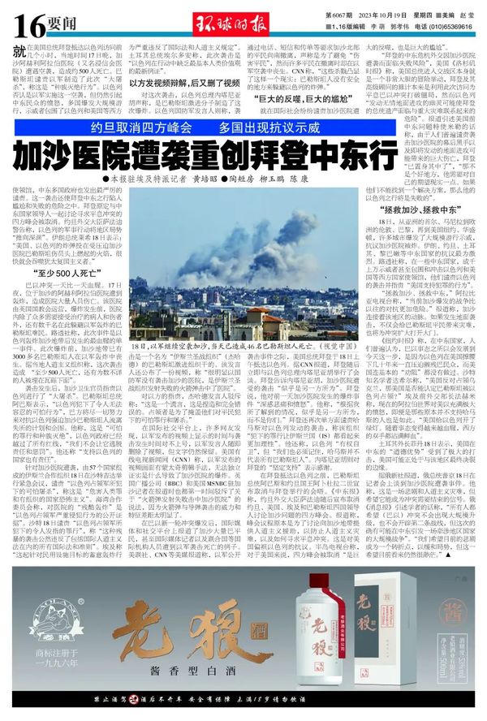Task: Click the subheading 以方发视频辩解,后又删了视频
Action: point(177,84)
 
